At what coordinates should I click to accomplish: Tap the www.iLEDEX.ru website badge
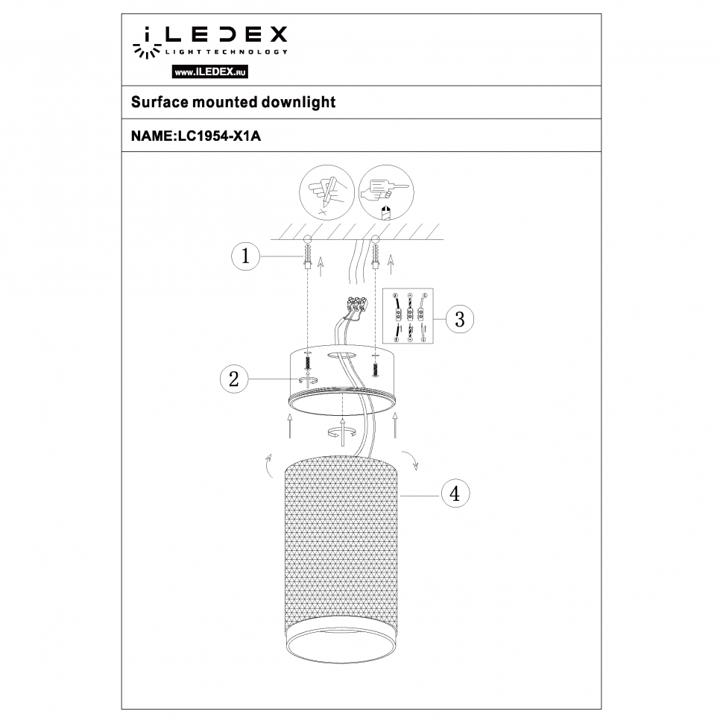coord(210,72)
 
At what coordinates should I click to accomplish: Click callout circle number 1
coord(243,257)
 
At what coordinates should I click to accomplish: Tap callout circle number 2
coord(233,379)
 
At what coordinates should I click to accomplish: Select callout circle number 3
coord(459,319)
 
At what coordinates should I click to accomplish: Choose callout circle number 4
coord(455,493)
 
